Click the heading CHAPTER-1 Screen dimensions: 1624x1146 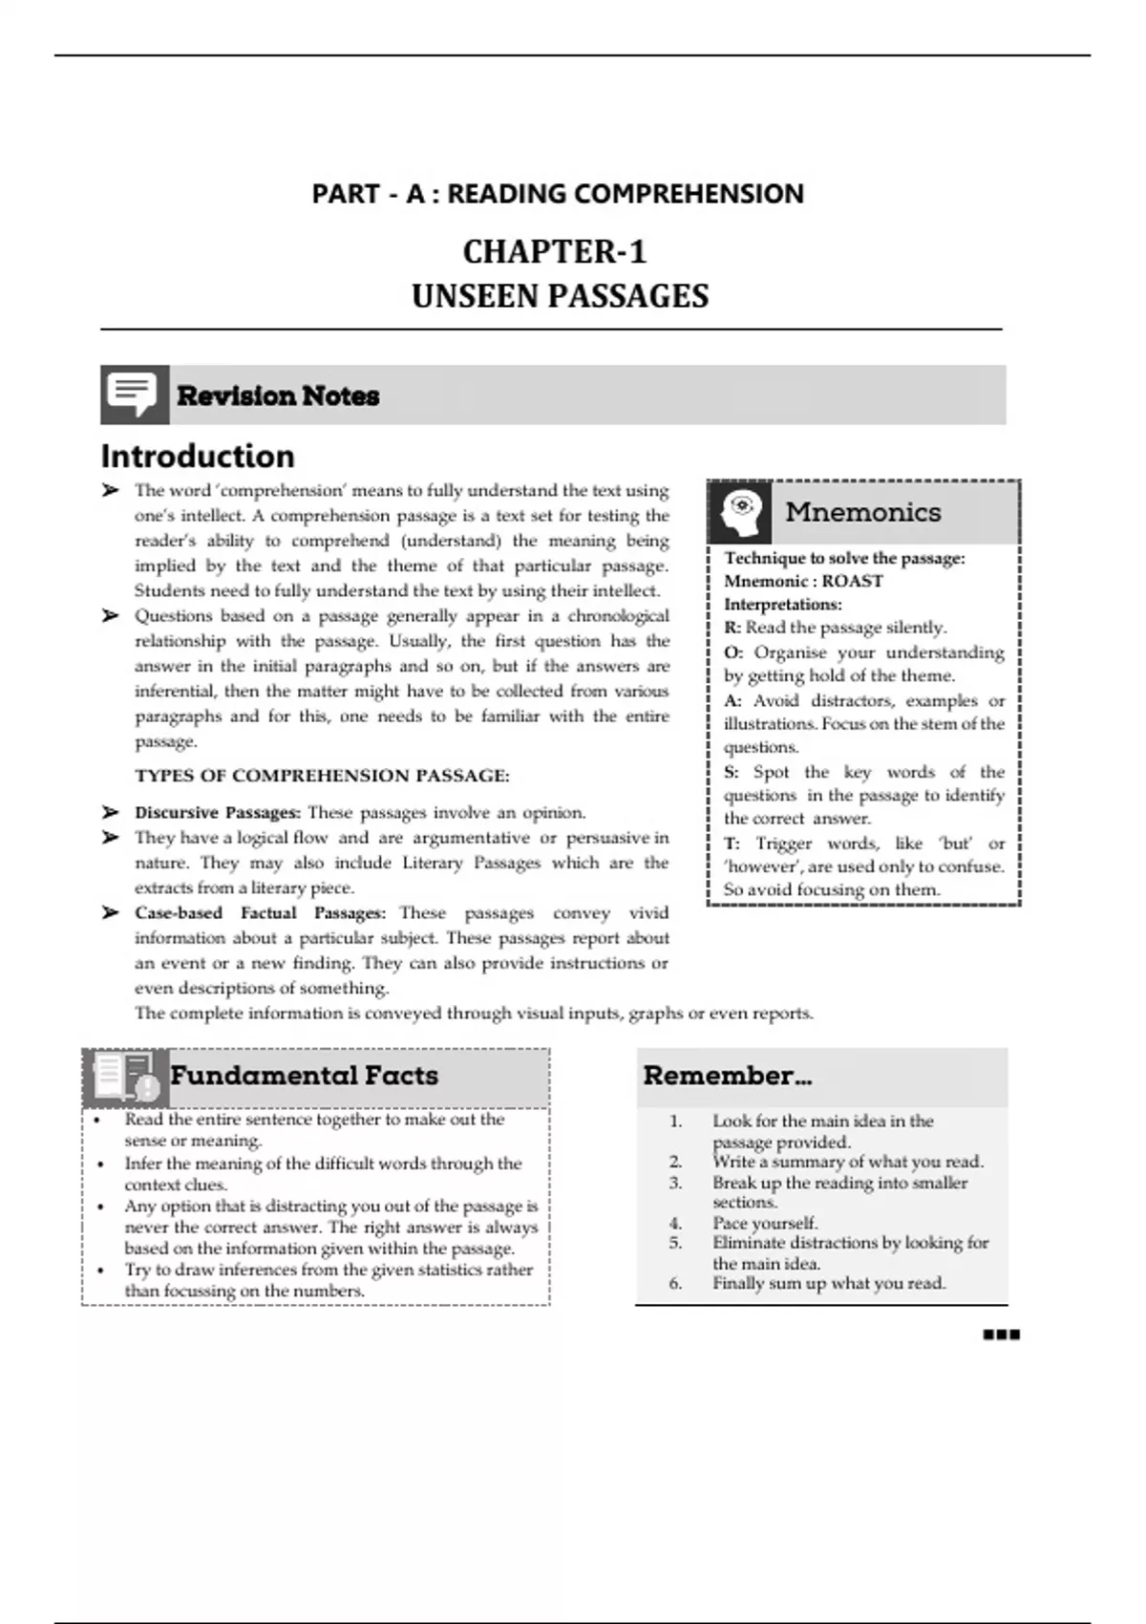click(555, 252)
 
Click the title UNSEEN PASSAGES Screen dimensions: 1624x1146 click(560, 296)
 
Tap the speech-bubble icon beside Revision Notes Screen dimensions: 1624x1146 click(134, 394)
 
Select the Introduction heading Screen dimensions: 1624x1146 click(198, 456)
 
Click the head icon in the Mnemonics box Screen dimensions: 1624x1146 click(741, 512)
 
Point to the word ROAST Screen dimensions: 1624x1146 click(852, 581)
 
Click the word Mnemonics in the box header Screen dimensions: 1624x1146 click(862, 512)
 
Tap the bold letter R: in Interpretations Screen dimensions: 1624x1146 click(732, 628)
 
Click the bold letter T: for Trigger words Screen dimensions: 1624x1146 click(732, 844)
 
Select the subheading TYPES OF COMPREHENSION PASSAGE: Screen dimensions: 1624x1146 click(322, 776)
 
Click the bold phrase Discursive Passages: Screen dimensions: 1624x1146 click(218, 813)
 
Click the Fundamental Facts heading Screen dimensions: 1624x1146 click(304, 1076)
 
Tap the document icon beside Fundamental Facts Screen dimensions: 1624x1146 click(125, 1076)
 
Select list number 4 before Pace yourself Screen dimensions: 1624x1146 click(676, 1223)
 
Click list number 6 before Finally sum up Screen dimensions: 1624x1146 click(676, 1283)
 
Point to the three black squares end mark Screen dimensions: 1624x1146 click(1001, 1335)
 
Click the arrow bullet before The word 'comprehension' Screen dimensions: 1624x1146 click(111, 491)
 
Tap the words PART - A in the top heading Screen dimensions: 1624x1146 click(368, 194)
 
